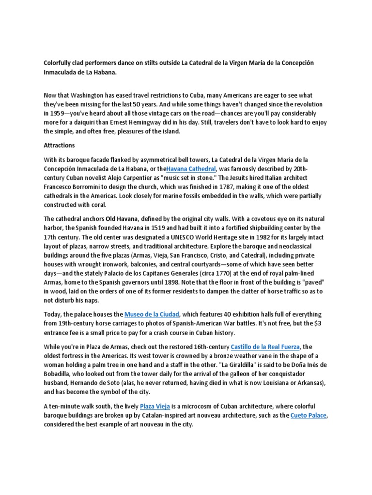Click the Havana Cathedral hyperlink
191,168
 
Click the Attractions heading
60,145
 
